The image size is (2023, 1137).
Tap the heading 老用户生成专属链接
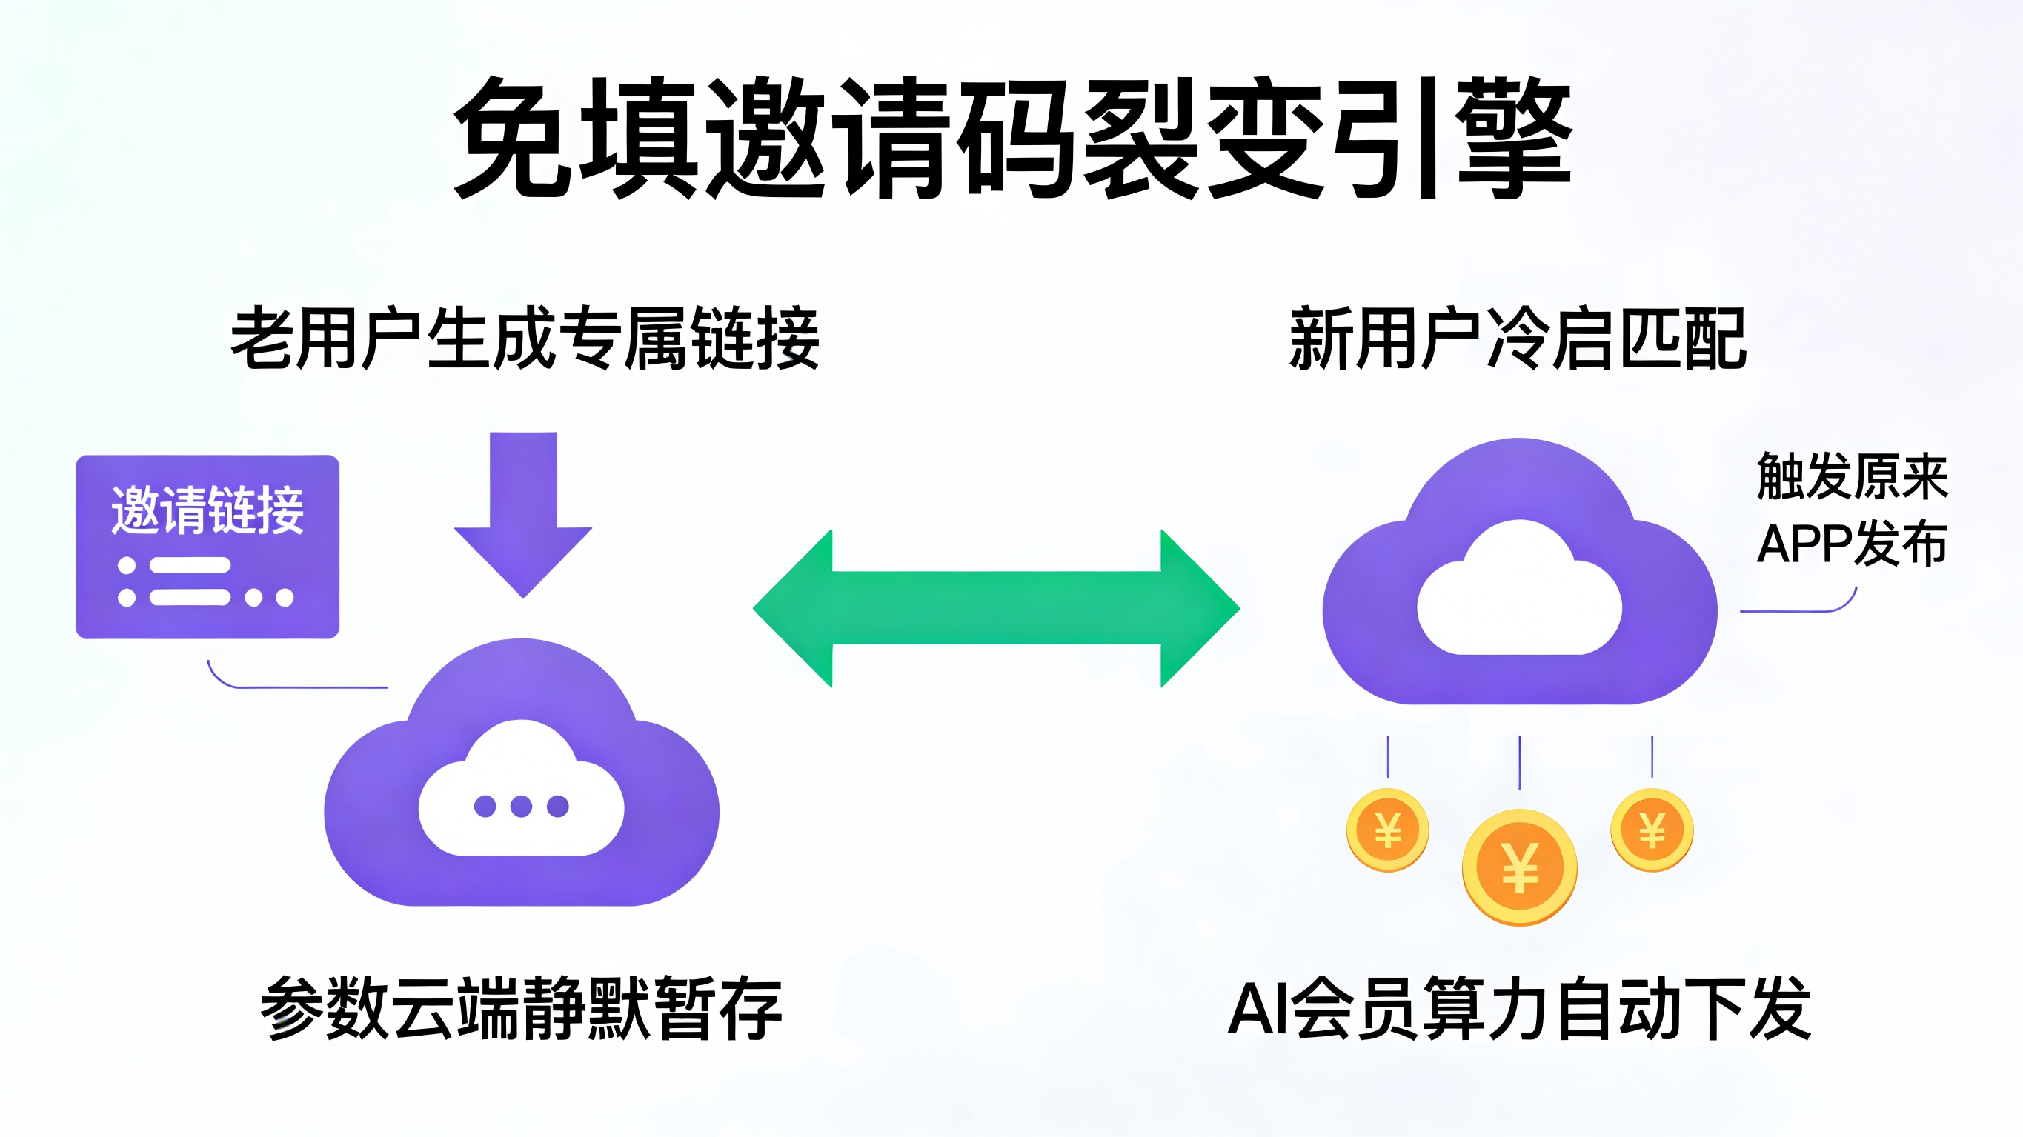point(525,339)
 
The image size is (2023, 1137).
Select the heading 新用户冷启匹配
point(1518,339)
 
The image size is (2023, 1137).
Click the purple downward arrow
point(523,510)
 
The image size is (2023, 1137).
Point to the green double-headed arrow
point(996,608)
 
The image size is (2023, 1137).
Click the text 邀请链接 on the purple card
point(207,510)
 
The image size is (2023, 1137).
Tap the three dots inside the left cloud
point(522,806)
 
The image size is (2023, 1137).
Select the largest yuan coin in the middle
point(1520,867)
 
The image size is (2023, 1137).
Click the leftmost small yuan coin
point(1388,830)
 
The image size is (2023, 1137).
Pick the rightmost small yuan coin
point(1652,830)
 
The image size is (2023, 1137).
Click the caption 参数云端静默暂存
point(522,1008)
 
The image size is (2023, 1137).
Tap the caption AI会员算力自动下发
point(1519,1008)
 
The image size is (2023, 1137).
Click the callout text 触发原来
point(1852,476)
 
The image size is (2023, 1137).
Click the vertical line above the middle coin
point(1520,761)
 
